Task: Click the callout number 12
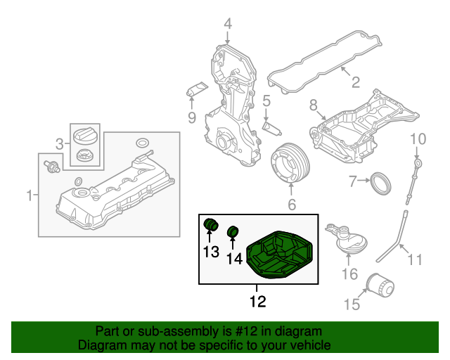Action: (257, 303)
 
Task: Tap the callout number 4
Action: (228, 25)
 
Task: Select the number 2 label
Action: (356, 82)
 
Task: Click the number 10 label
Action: (418, 138)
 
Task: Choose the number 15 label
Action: (351, 304)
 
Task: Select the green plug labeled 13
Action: (210, 224)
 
